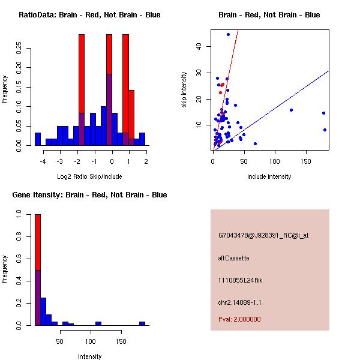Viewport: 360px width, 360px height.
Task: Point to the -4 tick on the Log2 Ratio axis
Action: [43, 161]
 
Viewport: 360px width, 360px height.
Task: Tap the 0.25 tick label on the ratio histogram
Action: [19, 50]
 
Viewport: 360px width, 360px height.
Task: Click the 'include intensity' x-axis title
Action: [269, 176]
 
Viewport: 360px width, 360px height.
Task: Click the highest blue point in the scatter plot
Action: [228, 34]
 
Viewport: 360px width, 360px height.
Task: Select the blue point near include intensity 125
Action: [291, 110]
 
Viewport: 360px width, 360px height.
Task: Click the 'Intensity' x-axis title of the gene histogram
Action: [90, 356]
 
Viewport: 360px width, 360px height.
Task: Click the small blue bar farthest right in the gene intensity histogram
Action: [142, 323]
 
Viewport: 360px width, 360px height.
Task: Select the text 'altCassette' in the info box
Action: [234, 258]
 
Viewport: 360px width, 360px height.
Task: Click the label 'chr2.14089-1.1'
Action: [240, 302]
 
